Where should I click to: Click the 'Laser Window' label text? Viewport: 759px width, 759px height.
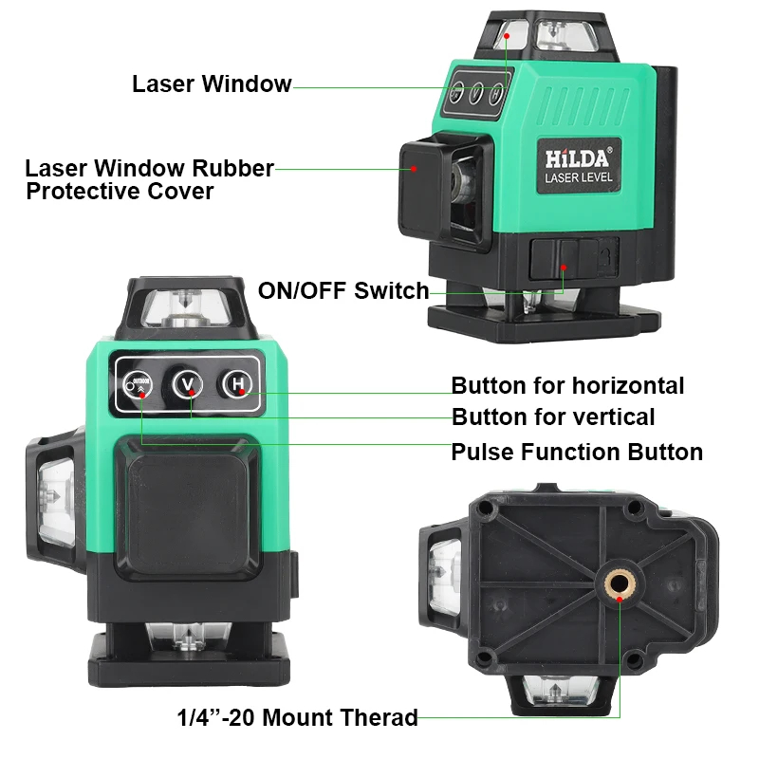pos(212,83)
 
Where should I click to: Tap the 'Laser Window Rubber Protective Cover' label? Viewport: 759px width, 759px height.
pos(150,179)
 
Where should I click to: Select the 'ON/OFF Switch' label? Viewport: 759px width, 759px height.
pos(343,291)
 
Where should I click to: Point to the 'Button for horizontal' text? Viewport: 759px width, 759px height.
pos(567,386)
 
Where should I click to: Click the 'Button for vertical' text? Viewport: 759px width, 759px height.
pos(553,417)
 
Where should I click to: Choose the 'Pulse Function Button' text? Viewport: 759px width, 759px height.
pos(577,453)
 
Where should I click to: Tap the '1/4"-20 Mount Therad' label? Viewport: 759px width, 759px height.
pos(297,717)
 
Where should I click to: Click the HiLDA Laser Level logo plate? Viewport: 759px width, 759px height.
pos(579,165)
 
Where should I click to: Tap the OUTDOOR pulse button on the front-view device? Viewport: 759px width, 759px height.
pos(138,385)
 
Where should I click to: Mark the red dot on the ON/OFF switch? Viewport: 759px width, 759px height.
pos(564,268)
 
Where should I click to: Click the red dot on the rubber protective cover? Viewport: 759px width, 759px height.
pos(414,169)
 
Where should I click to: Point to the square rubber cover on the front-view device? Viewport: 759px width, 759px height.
pos(188,508)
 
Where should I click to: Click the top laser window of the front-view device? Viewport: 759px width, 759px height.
pos(186,309)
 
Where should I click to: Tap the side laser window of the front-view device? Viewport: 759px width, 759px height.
pos(56,500)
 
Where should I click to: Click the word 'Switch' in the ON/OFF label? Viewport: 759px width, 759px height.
pos(392,291)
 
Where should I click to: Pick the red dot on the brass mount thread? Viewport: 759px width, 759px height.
pos(620,600)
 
